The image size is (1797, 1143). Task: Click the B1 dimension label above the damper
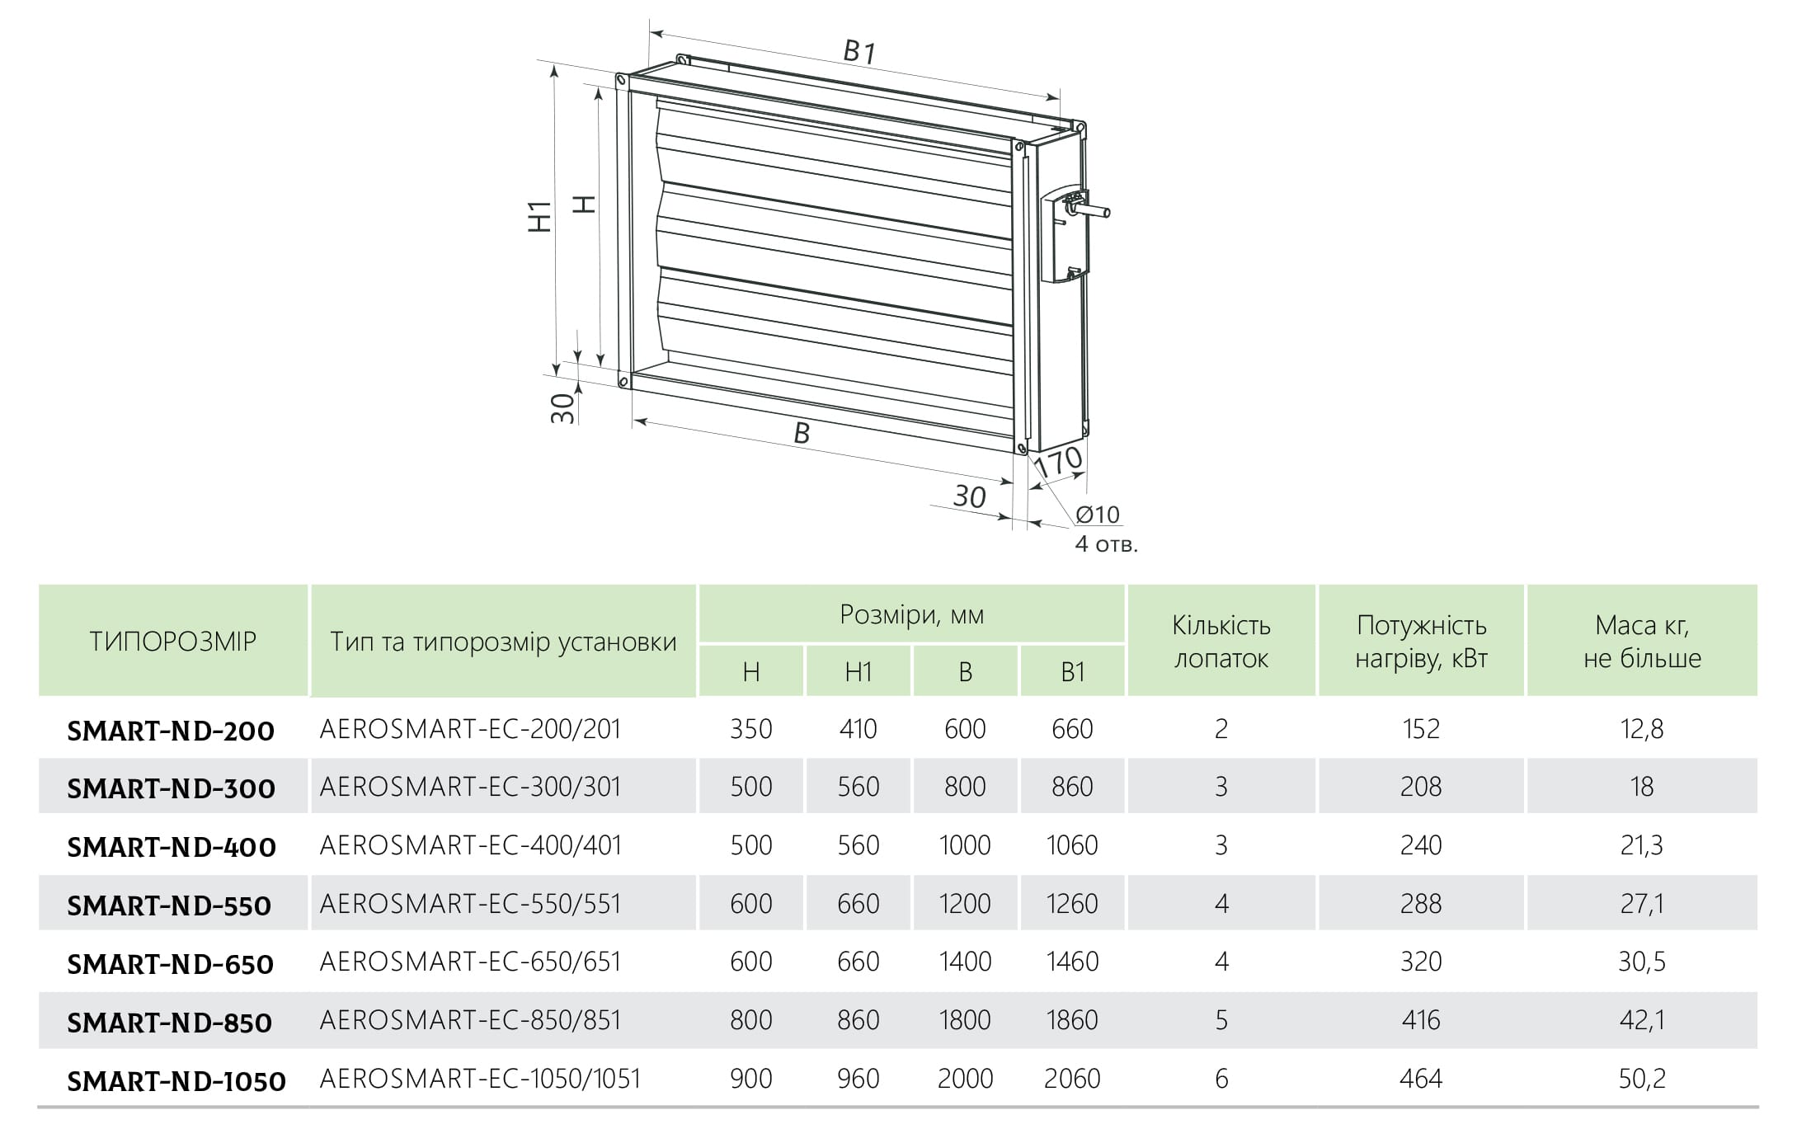(x=859, y=52)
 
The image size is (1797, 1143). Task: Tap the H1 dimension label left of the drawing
(x=540, y=216)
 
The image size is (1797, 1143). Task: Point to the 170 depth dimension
(x=1058, y=463)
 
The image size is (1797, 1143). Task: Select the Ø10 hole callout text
(x=1098, y=515)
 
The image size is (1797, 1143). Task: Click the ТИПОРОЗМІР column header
(x=173, y=642)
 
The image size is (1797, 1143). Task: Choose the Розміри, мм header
(x=912, y=614)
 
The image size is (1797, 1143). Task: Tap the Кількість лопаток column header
(x=1221, y=642)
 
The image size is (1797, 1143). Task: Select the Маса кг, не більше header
(x=1642, y=642)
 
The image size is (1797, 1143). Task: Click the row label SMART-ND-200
(x=171, y=731)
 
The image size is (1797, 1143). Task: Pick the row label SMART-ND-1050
(x=176, y=1080)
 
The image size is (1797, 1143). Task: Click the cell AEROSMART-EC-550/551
(x=470, y=904)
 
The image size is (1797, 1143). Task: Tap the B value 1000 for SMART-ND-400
(x=965, y=845)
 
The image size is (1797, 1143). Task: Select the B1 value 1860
(x=1072, y=1020)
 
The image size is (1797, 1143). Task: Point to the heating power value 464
(x=1421, y=1079)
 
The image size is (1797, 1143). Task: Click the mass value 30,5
(x=1642, y=962)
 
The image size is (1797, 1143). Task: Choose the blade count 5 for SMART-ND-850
(x=1221, y=1020)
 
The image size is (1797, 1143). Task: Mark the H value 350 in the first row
(x=750, y=729)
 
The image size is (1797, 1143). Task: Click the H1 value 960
(x=858, y=1079)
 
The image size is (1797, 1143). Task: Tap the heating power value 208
(x=1421, y=787)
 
